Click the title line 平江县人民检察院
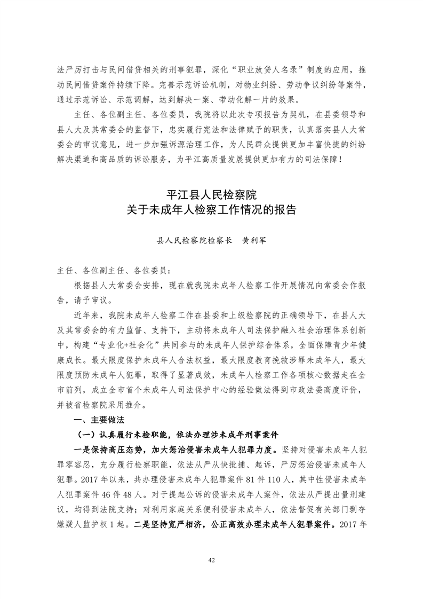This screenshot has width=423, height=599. (x=211, y=194)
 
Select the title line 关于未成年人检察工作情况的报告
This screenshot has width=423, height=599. (x=211, y=209)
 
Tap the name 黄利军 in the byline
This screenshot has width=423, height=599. (x=251, y=241)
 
